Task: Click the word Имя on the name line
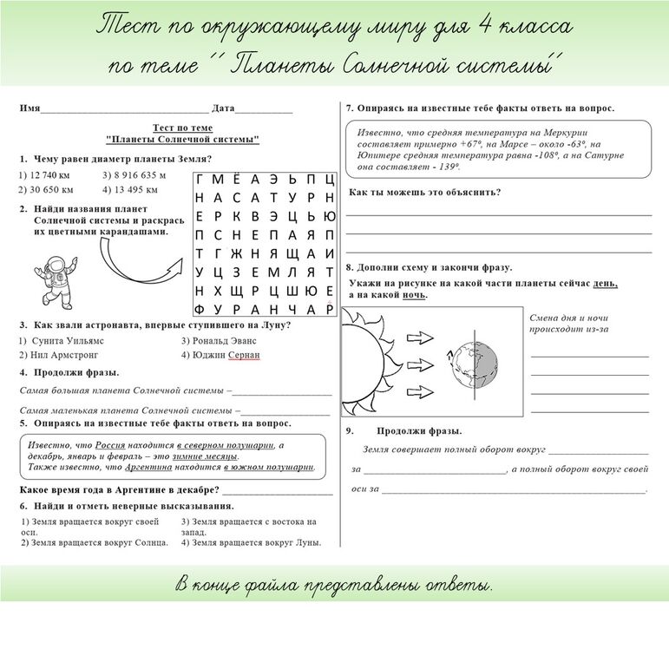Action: click(x=30, y=108)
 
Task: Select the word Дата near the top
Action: click(x=223, y=108)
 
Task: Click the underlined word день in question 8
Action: click(x=605, y=283)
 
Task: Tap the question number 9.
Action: click(x=349, y=430)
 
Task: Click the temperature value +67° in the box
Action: click(x=474, y=144)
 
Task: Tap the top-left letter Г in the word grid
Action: click(x=200, y=179)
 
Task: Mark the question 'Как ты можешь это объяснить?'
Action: click(x=424, y=193)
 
